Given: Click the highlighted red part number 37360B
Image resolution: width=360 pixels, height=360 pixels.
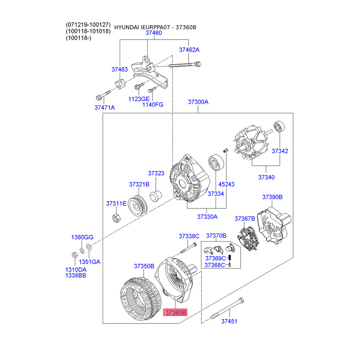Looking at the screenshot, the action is tap(175, 312).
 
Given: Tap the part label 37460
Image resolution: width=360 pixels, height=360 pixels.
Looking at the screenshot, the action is tap(153, 33).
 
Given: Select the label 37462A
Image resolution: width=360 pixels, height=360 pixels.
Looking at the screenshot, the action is tap(189, 50).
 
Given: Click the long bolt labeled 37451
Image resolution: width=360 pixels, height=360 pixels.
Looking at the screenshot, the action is tap(227, 308).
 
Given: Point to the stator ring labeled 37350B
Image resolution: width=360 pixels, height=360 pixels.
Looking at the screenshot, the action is tap(140, 299).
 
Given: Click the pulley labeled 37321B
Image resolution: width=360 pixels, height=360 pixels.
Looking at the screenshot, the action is tap(137, 206).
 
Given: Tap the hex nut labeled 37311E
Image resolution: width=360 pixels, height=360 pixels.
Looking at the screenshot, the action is tap(117, 218).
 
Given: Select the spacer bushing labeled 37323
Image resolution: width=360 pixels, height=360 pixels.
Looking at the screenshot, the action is tap(155, 196).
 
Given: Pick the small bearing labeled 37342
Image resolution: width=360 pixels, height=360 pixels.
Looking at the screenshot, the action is tap(279, 126).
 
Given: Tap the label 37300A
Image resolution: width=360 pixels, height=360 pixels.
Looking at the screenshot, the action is tap(198, 102).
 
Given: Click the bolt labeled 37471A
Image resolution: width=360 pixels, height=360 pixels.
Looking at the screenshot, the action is tap(103, 95).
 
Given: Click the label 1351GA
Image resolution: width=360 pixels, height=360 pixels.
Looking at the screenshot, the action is tap(90, 262).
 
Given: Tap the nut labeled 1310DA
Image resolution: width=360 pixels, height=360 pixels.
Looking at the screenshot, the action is tap(75, 255).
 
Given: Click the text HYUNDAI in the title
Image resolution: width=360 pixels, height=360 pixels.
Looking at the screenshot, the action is tap(126, 27).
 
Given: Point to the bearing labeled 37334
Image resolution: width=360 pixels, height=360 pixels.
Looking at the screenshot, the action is tap(216, 162).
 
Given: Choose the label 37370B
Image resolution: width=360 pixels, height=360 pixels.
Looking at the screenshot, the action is tap(216, 236).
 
